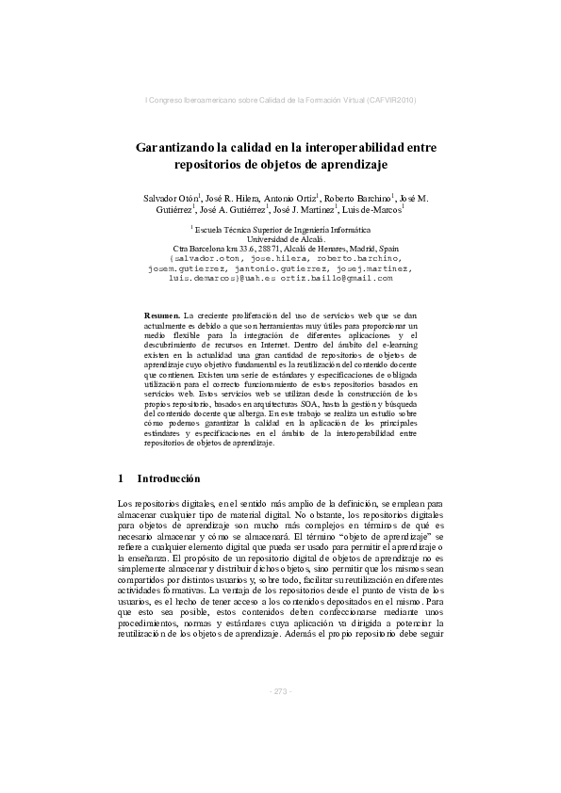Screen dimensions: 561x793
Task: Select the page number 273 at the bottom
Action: click(x=281, y=691)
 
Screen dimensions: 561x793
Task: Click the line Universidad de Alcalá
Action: click(x=280, y=238)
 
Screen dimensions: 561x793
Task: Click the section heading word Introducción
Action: click(x=169, y=478)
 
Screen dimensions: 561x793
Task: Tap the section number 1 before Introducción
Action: click(x=121, y=478)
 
